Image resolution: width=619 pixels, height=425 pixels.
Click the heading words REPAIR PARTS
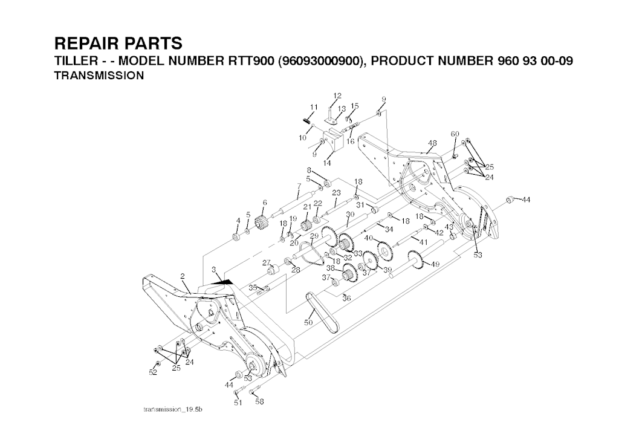(x=118, y=44)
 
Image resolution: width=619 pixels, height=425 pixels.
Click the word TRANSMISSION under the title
(x=99, y=76)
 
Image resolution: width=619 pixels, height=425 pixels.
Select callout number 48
(x=432, y=143)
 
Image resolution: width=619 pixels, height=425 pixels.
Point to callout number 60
(x=455, y=134)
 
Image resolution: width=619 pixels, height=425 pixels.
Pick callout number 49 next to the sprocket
(x=435, y=264)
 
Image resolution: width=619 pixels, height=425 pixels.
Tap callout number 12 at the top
(x=337, y=96)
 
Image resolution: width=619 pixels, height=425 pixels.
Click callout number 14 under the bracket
(x=327, y=163)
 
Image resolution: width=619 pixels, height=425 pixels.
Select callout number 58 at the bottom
(x=260, y=400)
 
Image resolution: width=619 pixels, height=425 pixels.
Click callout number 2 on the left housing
(x=182, y=276)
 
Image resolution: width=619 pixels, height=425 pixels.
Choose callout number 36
(x=346, y=298)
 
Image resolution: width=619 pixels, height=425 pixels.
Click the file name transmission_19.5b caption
(x=172, y=410)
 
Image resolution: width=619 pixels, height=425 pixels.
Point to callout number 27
(x=265, y=262)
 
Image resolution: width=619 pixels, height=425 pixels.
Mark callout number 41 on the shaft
(x=424, y=241)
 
